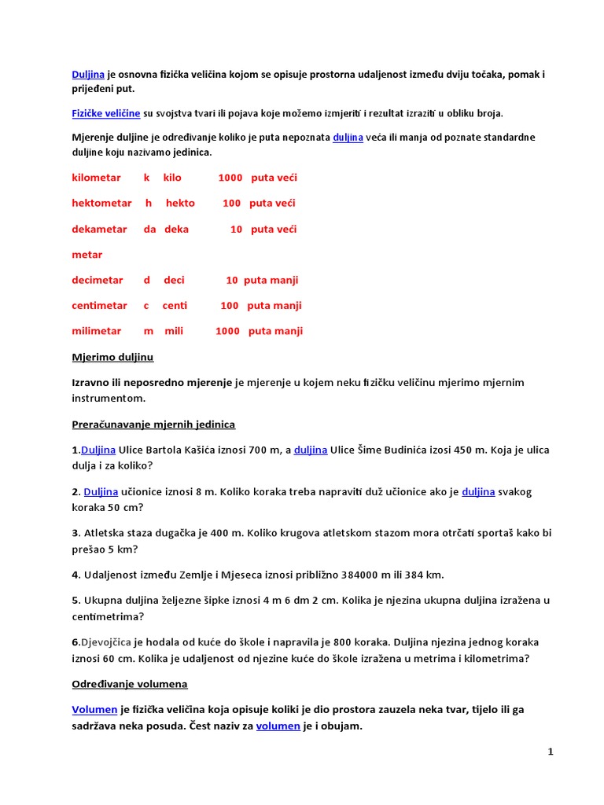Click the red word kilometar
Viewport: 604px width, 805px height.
(x=96, y=178)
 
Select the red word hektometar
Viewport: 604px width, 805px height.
(x=101, y=203)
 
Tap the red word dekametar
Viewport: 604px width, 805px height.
(x=99, y=229)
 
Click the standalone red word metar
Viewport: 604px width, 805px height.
(x=87, y=255)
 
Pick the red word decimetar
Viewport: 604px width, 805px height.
(x=98, y=280)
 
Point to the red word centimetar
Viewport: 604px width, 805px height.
(x=99, y=305)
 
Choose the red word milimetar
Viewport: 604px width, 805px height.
(x=97, y=331)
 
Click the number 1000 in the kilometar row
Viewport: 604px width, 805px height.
(x=230, y=178)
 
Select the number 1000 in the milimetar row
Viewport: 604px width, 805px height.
(x=227, y=331)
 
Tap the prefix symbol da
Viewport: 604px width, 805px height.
(x=149, y=229)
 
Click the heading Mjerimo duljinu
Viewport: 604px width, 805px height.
(x=112, y=357)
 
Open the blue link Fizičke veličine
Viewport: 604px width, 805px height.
(x=105, y=113)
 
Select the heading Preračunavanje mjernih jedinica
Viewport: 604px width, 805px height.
(x=153, y=425)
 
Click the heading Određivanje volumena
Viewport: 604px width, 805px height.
(x=130, y=684)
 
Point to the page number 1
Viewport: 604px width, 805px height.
(x=551, y=752)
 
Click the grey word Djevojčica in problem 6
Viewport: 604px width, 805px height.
(x=107, y=642)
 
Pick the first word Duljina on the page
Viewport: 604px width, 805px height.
(x=88, y=75)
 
